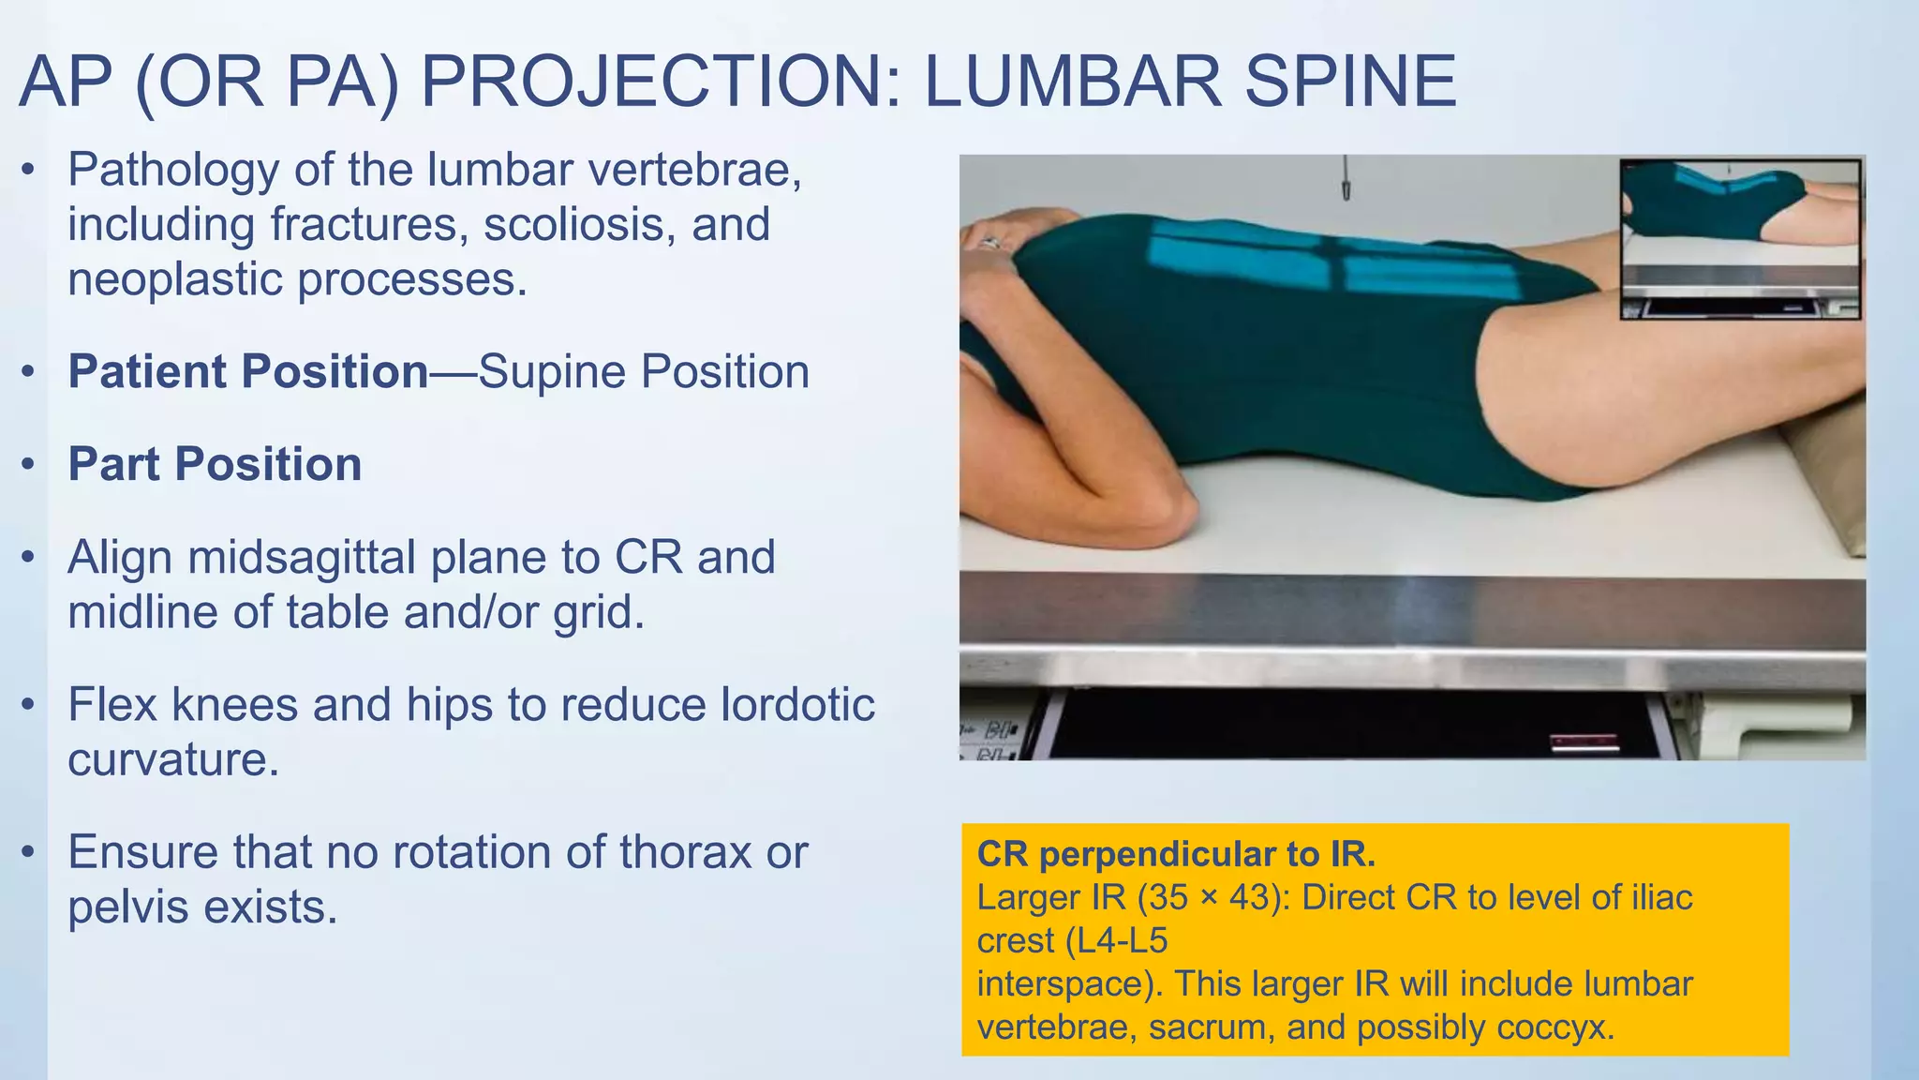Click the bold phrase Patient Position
[248, 371]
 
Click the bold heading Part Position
[215, 464]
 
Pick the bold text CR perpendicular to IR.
[1176, 854]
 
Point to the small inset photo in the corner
[1740, 239]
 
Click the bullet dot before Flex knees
[29, 705]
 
